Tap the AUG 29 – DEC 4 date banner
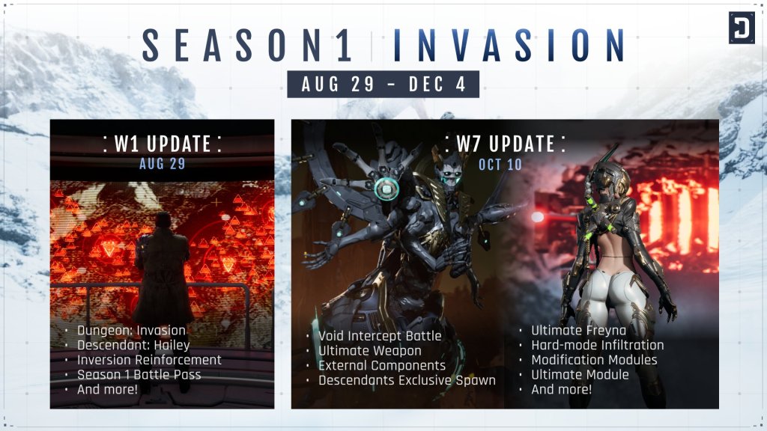coord(383,84)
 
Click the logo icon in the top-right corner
coord(742,28)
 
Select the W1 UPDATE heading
coord(162,144)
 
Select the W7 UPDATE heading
coord(505,144)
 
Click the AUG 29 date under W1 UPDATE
coord(162,163)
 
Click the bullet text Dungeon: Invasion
coord(131,330)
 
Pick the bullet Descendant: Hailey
coord(133,345)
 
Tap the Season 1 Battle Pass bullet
coord(139,375)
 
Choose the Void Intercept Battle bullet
coord(380,335)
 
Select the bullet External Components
coord(382,365)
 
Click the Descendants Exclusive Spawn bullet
coord(407,380)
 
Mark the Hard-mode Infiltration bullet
coord(598,345)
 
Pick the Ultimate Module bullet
coord(580,375)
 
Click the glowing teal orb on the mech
coord(386,189)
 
